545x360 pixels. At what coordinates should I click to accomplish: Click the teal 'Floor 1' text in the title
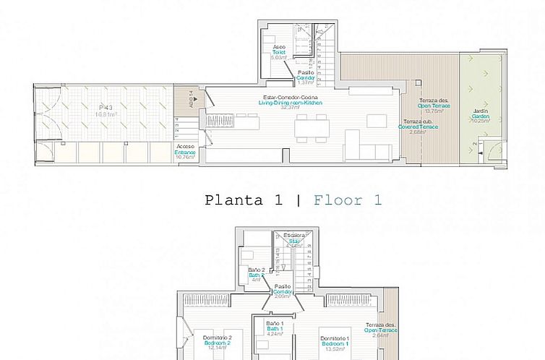pos(347,200)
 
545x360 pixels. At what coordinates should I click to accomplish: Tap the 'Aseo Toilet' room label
pos(279,52)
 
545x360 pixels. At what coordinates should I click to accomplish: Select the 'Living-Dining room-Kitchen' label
pos(290,103)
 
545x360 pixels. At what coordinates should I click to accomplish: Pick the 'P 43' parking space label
pos(107,109)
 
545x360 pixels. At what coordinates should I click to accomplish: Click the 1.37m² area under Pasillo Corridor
pos(306,82)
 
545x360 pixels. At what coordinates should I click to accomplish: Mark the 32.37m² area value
pos(290,108)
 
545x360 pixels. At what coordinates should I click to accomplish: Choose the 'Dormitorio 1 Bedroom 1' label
pos(338,341)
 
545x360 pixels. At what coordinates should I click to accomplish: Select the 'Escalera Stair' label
pos(293,240)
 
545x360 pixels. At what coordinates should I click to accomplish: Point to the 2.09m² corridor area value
pos(282,296)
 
